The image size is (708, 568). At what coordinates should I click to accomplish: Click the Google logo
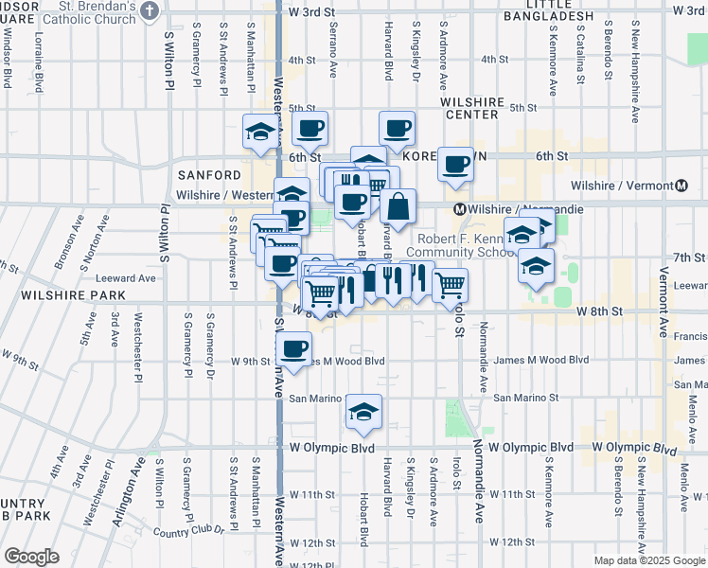click(31, 557)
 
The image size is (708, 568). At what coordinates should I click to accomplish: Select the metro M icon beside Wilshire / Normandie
click(459, 208)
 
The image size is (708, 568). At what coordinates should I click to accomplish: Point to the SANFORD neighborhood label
click(209, 175)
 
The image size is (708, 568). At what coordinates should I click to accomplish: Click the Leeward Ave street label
click(125, 278)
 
